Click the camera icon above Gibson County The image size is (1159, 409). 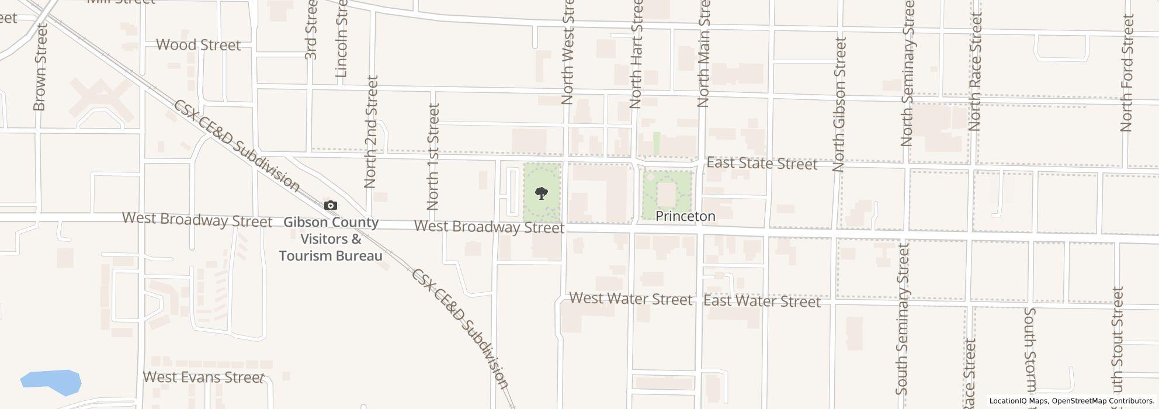pos(331,205)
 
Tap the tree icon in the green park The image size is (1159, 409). pos(542,193)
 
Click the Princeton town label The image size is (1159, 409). pos(685,216)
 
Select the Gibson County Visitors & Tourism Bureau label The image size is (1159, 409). pos(331,239)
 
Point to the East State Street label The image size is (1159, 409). pos(762,164)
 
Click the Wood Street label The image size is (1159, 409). pos(199,45)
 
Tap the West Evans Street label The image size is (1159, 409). pos(203,377)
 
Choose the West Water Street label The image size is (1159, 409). pos(630,299)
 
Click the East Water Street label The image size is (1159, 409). pos(762,301)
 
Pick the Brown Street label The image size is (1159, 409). pos(40,67)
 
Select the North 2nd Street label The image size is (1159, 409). pos(371,131)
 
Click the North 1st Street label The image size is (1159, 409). pos(433,157)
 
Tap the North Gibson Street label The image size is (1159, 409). pos(839,104)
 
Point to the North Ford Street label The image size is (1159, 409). pos(1127,73)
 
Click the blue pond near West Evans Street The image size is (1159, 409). pos(51,382)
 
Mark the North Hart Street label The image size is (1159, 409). pos(636,54)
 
